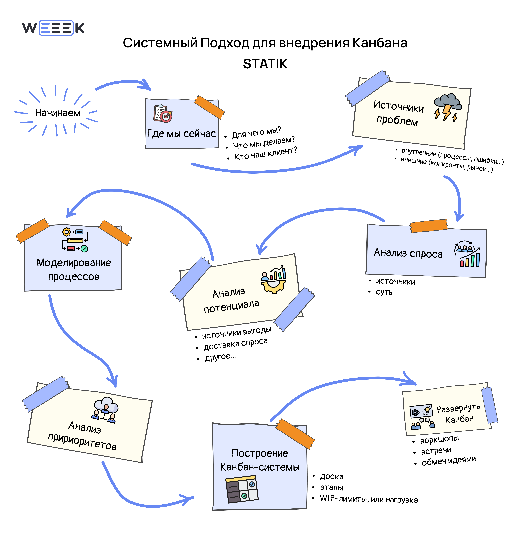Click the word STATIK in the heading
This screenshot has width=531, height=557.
click(x=265, y=64)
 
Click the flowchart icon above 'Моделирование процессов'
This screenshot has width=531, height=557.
click(x=75, y=240)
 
